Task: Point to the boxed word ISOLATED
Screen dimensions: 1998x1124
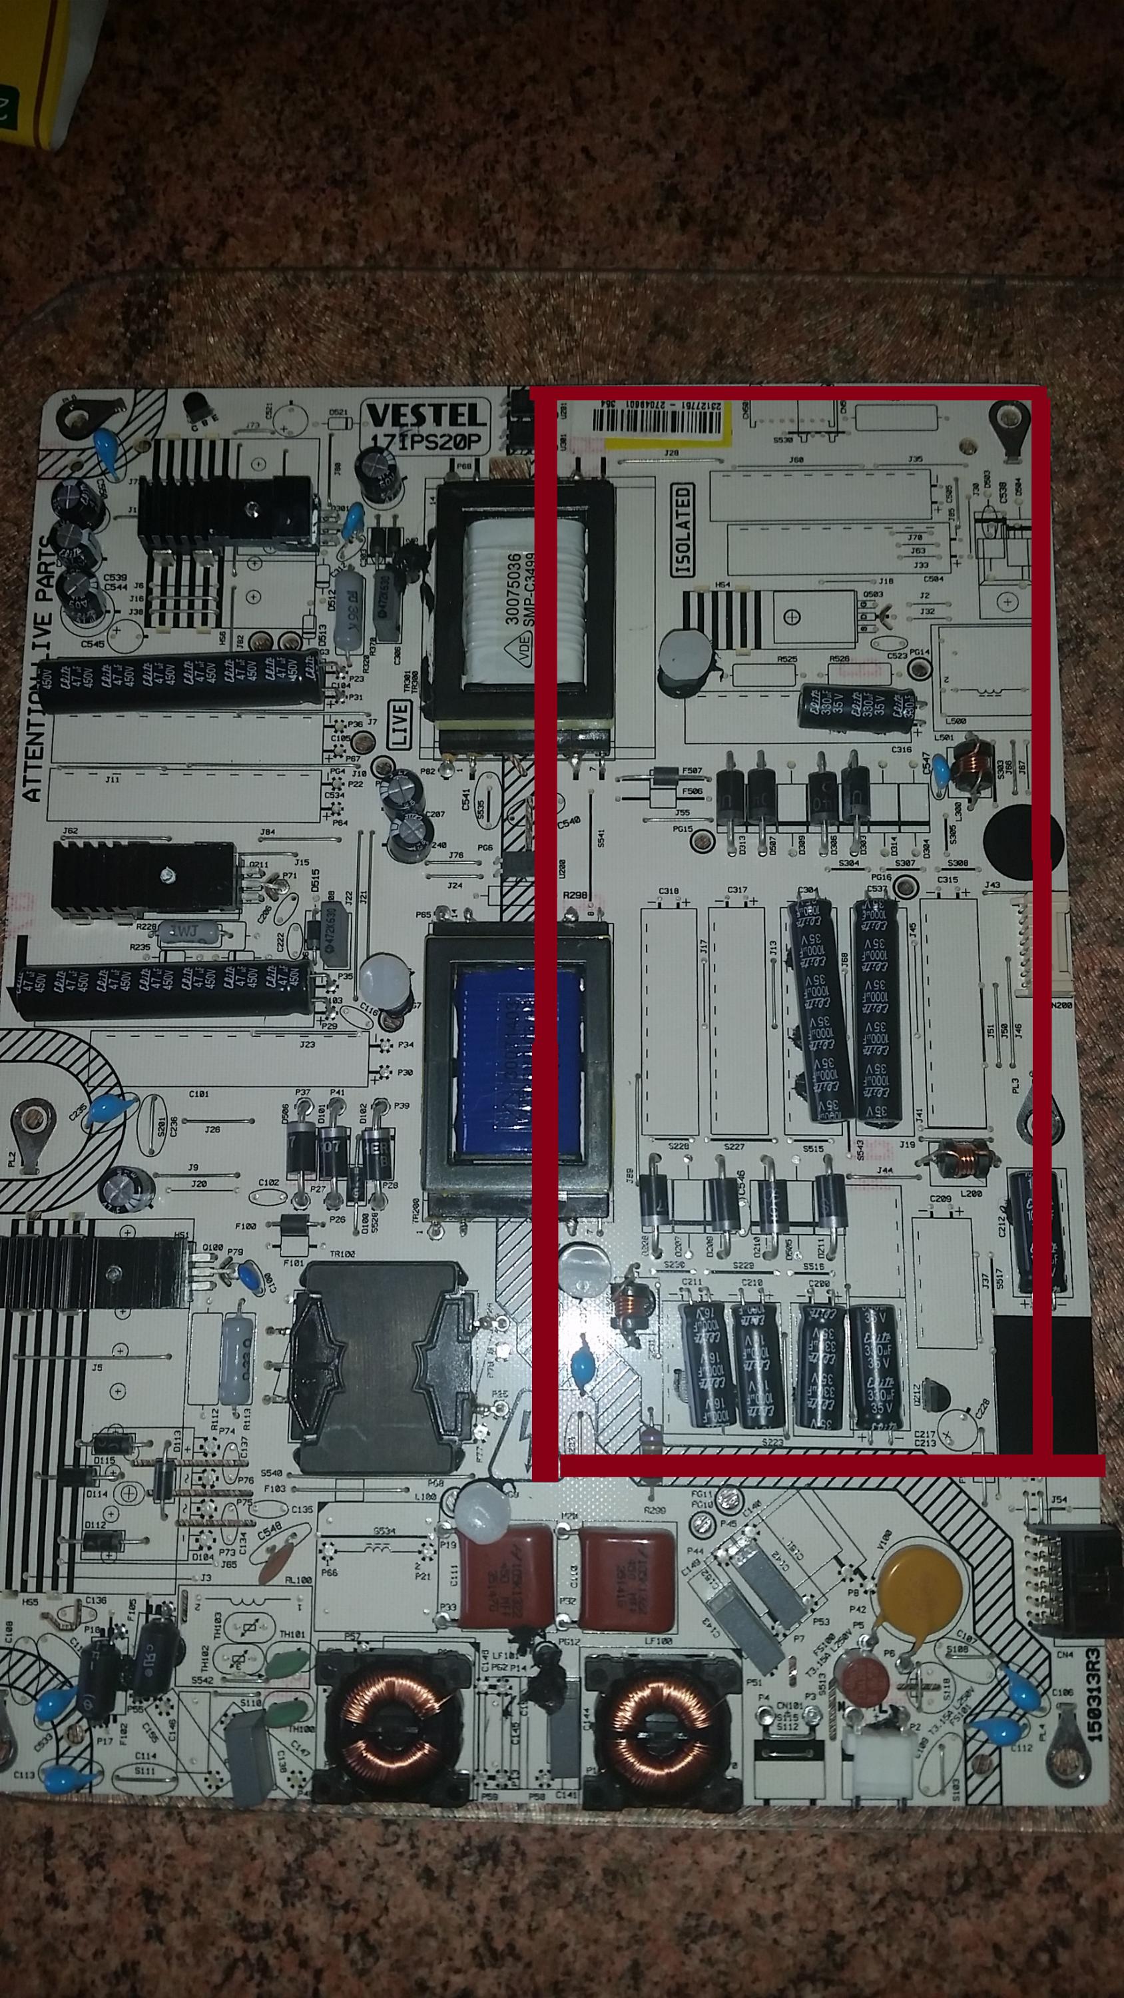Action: click(683, 531)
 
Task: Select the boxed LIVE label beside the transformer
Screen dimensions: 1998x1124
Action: click(400, 725)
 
